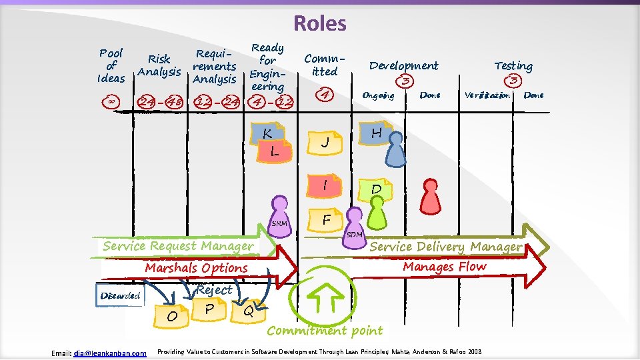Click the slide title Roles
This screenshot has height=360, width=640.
click(x=320, y=23)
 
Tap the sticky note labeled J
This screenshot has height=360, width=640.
click(x=325, y=142)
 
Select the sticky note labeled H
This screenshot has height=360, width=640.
click(x=375, y=133)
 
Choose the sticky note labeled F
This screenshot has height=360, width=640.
click(x=327, y=219)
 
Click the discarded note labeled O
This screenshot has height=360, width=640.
click(x=172, y=315)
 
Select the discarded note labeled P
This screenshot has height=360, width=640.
click(x=209, y=309)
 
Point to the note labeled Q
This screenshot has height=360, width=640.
click(x=247, y=309)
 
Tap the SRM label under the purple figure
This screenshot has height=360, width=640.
click(x=280, y=223)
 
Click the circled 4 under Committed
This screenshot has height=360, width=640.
click(x=325, y=94)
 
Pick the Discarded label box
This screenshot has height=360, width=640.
click(x=121, y=295)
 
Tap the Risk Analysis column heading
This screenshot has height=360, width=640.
click(x=159, y=65)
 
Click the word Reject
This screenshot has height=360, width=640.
click(x=214, y=290)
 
